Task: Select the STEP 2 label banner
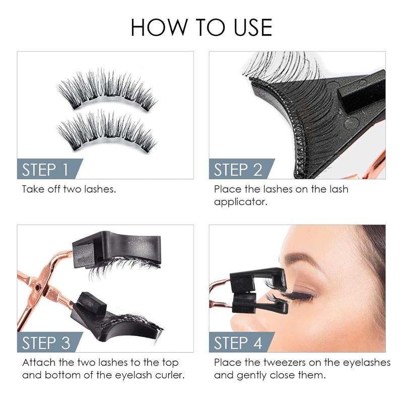238,169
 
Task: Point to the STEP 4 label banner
238,343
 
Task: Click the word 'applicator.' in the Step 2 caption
240,202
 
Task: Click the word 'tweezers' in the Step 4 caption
281,363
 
